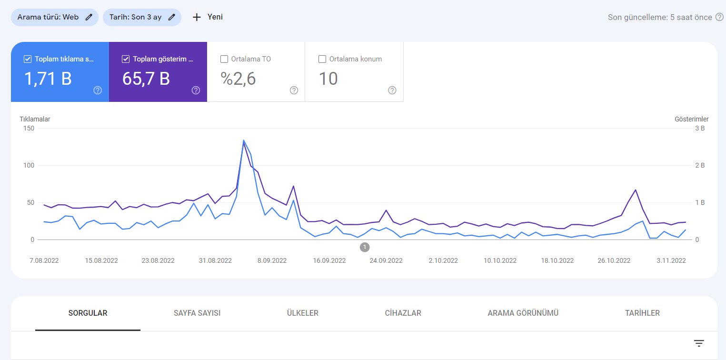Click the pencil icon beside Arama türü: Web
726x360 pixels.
click(x=89, y=17)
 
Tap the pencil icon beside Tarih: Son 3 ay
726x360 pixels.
click(x=172, y=17)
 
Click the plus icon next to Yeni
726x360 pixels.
click(x=197, y=17)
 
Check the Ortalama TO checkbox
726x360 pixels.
click(x=224, y=59)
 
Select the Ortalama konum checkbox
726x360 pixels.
click(x=322, y=59)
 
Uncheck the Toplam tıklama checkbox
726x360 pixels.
click(x=28, y=59)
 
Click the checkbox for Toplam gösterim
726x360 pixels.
click(x=126, y=59)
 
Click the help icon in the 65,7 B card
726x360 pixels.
click(x=196, y=90)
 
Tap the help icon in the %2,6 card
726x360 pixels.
click(x=294, y=90)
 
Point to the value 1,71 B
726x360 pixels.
click(x=48, y=79)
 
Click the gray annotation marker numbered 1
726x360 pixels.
click(x=365, y=247)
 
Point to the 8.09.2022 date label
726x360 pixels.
click(x=272, y=260)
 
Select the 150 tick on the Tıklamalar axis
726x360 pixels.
click(x=29, y=128)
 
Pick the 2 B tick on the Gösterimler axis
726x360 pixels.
click(x=700, y=165)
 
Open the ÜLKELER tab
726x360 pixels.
click(x=303, y=313)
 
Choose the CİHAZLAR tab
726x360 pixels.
click(x=403, y=313)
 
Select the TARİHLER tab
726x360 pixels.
click(x=642, y=313)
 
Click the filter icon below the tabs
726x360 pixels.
click(x=699, y=343)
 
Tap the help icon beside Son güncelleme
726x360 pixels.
click(x=719, y=17)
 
